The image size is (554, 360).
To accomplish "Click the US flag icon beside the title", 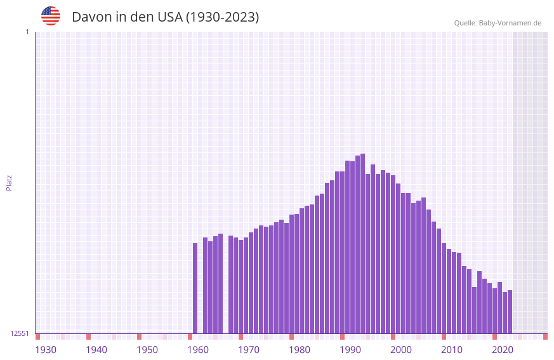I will point(51,16).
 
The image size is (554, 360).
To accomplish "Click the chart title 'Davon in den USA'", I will point(165,17).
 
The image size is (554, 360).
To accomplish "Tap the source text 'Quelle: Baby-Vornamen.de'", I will point(498,23).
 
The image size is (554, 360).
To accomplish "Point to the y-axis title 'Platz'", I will point(9,182).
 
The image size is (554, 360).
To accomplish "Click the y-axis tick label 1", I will point(27,32).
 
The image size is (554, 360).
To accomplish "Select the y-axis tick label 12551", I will point(20,333).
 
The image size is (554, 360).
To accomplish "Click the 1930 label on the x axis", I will point(46,350).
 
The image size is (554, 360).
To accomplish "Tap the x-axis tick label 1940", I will point(96,350).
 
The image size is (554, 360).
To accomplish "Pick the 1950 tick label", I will point(147,350).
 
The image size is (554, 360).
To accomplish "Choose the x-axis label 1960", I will point(198,350).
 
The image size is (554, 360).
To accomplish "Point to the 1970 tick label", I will point(249,350).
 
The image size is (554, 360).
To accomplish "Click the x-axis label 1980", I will point(300,350).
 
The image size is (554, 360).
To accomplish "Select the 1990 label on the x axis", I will point(350,350).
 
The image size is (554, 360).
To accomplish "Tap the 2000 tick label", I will point(401,350).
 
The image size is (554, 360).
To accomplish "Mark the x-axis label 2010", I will point(452,350).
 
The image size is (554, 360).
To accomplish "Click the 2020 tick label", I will point(503,350).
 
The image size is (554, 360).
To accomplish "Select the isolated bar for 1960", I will point(195,288).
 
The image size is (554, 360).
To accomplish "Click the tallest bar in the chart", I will point(363,244).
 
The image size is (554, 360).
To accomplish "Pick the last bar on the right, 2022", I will point(510,312).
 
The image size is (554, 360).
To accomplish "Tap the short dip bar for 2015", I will point(475,310).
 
